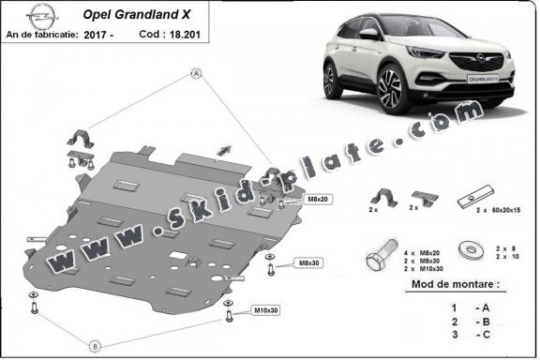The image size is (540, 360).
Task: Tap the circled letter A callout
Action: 197,73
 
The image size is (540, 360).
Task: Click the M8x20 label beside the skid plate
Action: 318,200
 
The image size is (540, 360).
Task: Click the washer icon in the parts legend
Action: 467,251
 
